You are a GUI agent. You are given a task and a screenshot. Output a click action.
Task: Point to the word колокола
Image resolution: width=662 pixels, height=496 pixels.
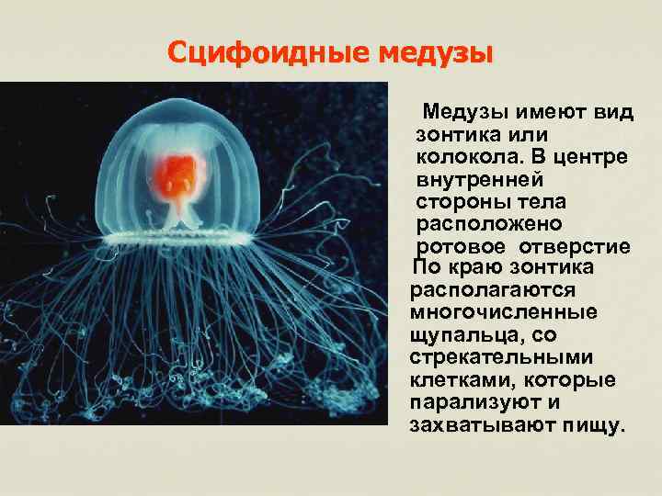click(458, 157)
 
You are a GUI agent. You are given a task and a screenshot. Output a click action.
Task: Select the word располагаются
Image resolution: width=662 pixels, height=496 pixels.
click(490, 289)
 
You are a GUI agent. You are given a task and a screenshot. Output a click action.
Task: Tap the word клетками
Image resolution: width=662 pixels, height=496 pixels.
click(457, 378)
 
